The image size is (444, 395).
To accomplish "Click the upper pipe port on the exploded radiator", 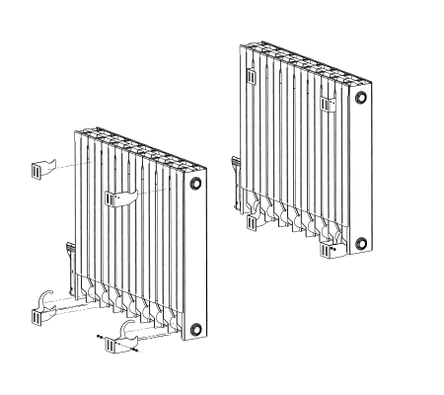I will pos(196,184).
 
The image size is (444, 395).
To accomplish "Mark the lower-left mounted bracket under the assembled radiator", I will pos(252,219).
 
